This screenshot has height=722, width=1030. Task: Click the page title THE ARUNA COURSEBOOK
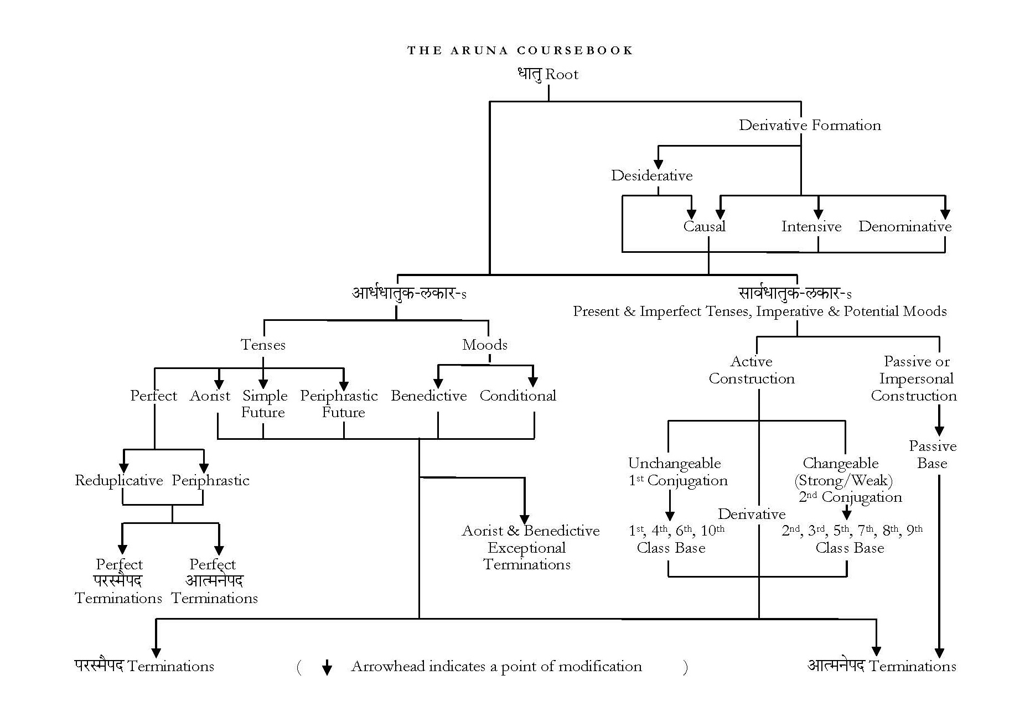point(520,50)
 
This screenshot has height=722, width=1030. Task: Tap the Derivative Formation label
point(809,125)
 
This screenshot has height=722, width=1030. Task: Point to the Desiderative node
point(651,175)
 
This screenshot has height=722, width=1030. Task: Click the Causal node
point(703,226)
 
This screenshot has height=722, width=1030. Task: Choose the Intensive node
point(811,226)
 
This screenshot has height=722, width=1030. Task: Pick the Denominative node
point(904,226)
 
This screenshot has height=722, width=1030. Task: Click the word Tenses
point(263,345)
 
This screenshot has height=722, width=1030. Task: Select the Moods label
point(484,345)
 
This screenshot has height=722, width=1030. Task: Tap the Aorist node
point(210,396)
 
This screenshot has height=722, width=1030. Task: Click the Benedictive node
point(428,396)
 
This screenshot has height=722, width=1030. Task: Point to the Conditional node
point(517,396)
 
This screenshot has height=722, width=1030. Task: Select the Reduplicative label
point(118,480)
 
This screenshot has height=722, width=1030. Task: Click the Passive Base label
point(932,454)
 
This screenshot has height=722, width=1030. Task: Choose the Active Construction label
point(751,370)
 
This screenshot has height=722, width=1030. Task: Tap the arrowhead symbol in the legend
point(327,668)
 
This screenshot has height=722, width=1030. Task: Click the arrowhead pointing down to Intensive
point(818,214)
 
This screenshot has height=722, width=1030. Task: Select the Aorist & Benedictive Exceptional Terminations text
point(530,547)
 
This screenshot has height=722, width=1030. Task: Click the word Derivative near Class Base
point(751,514)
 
